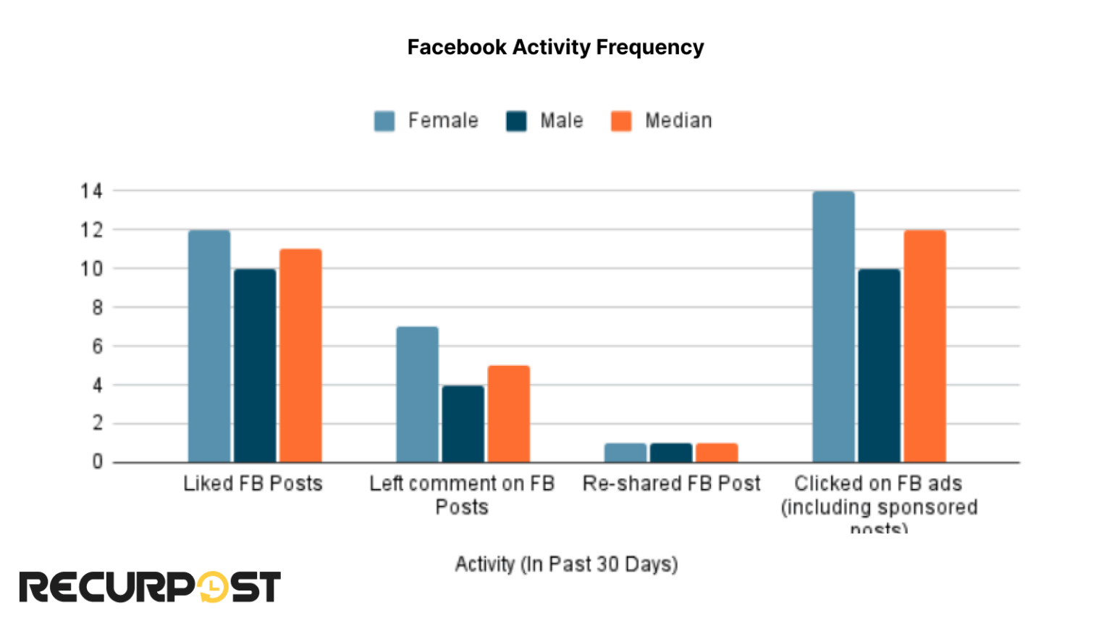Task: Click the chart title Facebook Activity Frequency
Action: pyautogui.click(x=555, y=47)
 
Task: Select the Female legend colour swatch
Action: pyautogui.click(x=384, y=121)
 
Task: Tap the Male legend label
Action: pyautogui.click(x=561, y=120)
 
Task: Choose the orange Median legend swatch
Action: pyautogui.click(x=620, y=121)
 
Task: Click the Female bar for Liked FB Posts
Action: pyautogui.click(x=209, y=346)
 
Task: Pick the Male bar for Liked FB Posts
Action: pyautogui.click(x=255, y=366)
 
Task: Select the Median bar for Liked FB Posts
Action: pyautogui.click(x=300, y=356)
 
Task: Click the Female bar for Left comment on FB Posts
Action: pyautogui.click(x=417, y=395)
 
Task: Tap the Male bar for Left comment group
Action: pyautogui.click(x=463, y=424)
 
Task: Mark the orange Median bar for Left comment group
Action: pyautogui.click(x=508, y=414)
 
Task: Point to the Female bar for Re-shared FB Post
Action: pyautogui.click(x=625, y=453)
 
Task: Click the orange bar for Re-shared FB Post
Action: pyautogui.click(x=717, y=453)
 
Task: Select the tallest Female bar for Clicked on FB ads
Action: pyautogui.click(x=833, y=327)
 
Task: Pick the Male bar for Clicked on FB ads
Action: pyautogui.click(x=880, y=366)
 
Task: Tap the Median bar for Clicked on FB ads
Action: pyautogui.click(x=924, y=346)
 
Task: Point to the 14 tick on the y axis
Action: pyautogui.click(x=92, y=191)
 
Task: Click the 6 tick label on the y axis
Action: pyautogui.click(x=97, y=346)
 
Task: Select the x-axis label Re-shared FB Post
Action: pyautogui.click(x=671, y=484)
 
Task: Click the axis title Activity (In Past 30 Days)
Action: pyautogui.click(x=566, y=564)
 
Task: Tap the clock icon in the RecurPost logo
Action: pyautogui.click(x=212, y=587)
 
